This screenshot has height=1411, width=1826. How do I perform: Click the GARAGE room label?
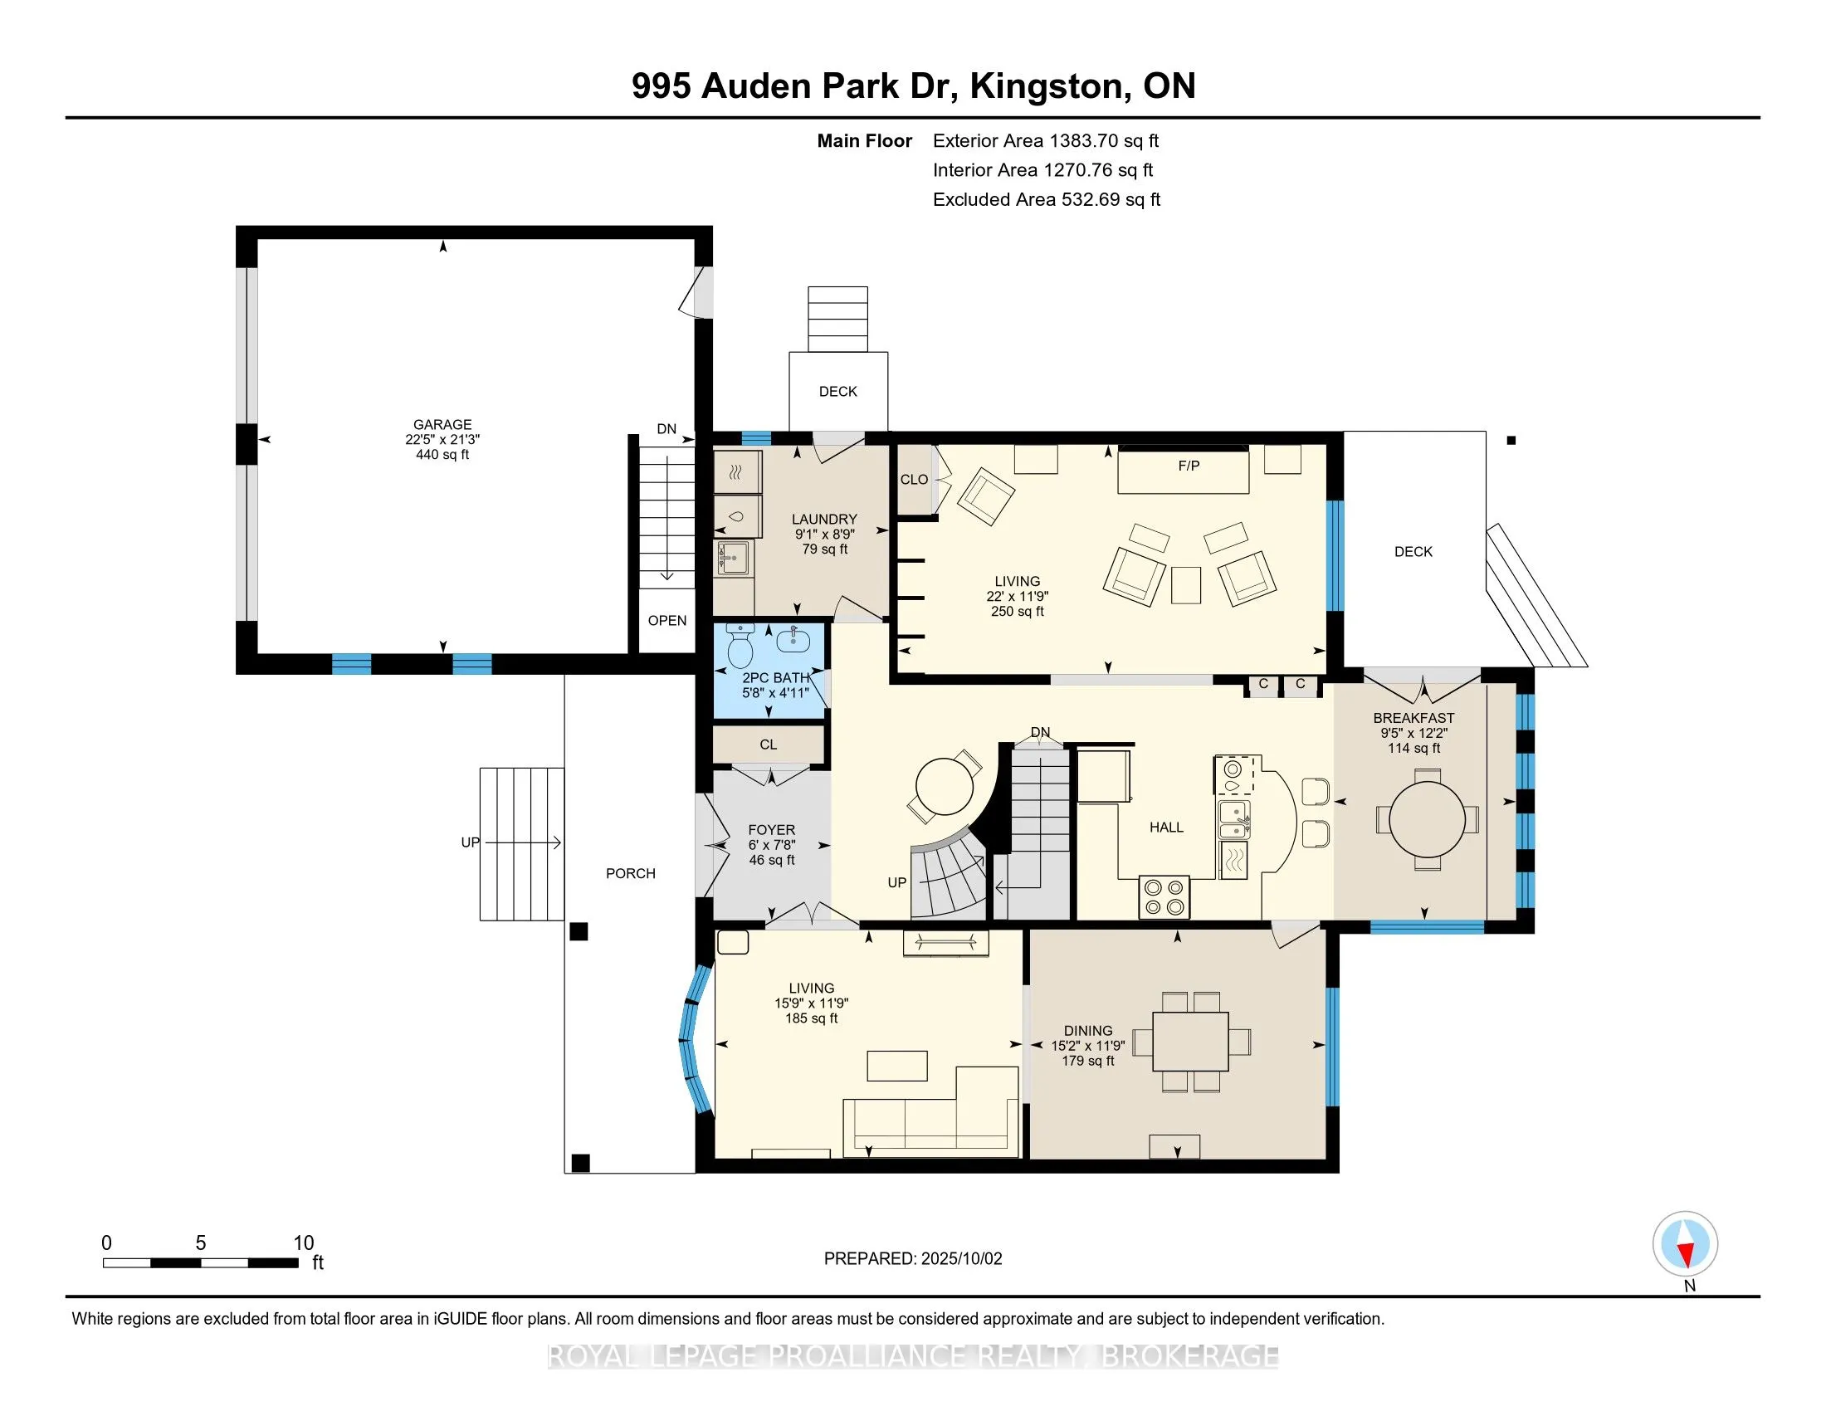pos(442,425)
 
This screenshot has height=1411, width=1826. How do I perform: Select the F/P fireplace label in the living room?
pos(1188,466)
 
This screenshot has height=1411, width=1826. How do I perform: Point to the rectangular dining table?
pos(1190,1041)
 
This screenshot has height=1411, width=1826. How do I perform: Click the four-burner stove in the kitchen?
pos(1164,897)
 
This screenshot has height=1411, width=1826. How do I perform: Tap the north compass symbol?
pos(1685,1245)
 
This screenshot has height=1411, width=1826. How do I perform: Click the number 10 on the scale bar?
pos(303,1243)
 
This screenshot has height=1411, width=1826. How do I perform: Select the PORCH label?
pos(631,873)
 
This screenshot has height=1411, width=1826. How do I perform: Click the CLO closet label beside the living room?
pos(914,480)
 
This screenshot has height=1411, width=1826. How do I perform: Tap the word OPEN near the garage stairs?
pos(667,620)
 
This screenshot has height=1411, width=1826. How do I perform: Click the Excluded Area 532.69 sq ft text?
pos(1046,200)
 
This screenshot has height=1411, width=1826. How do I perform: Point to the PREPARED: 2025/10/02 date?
pos(912,1259)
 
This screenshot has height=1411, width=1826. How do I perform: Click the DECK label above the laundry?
pos(837,391)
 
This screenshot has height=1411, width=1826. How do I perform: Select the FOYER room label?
pos(771,830)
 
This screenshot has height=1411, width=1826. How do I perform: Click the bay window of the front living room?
pos(693,1039)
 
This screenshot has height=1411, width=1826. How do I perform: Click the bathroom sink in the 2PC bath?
pos(792,641)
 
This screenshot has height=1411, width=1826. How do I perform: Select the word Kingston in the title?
pos(1046,86)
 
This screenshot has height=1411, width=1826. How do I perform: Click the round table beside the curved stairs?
pos(945,786)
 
